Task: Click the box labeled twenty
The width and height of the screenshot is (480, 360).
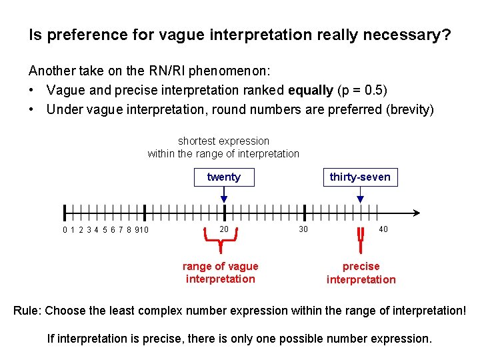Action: pos(223,177)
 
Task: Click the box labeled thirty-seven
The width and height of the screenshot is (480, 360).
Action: pos(360,177)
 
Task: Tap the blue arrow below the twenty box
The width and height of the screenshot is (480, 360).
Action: pos(224,195)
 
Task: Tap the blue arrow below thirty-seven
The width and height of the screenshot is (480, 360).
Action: pos(361,195)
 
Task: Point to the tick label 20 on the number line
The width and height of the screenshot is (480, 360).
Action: pos(225,229)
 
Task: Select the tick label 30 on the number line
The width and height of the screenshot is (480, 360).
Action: pos(303,229)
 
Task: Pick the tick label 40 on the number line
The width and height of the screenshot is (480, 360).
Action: pos(383,229)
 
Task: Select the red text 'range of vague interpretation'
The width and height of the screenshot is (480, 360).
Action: pos(220,273)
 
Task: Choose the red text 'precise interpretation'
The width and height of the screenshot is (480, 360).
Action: pos(361,273)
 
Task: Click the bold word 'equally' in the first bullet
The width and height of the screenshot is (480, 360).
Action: pos(310,90)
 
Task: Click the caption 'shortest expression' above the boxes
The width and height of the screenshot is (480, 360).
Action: pos(223,141)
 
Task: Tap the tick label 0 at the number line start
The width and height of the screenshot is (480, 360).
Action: pos(65,231)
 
